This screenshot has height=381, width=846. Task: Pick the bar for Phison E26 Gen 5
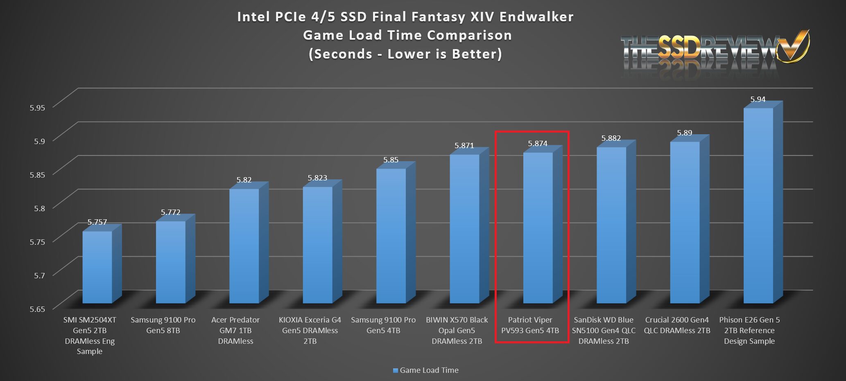758,205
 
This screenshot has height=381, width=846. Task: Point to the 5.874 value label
538,144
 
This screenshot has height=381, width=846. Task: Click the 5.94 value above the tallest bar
758,99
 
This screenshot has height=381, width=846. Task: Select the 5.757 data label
97,222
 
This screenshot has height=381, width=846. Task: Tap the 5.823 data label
317,178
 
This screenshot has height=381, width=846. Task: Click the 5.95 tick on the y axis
37,108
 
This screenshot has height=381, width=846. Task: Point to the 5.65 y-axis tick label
37,309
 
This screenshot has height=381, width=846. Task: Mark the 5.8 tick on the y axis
40,208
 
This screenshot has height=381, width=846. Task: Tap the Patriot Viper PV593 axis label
530,325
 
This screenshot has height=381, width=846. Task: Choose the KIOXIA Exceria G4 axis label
310,330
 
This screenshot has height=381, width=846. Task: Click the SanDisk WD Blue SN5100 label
604,330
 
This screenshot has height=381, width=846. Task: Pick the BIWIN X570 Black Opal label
457,330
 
